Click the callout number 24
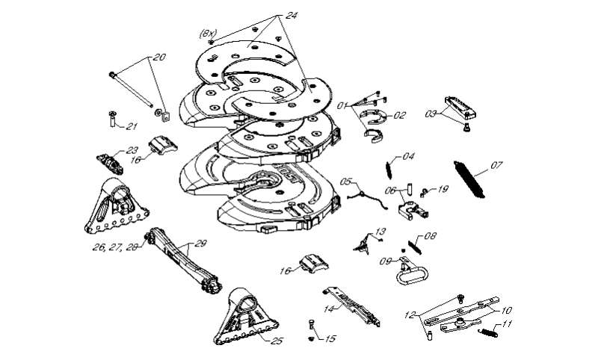click(x=292, y=16)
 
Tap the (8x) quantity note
click(x=208, y=34)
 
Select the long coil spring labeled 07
click(x=469, y=179)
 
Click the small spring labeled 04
click(x=389, y=170)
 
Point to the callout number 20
click(x=160, y=58)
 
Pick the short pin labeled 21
click(x=113, y=119)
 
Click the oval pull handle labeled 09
click(x=411, y=272)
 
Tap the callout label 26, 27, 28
click(x=115, y=247)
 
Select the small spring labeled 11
click(x=488, y=332)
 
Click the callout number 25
click(x=277, y=341)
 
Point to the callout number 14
click(x=330, y=308)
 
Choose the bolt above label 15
click(x=310, y=325)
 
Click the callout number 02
click(x=400, y=115)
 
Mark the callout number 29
click(x=200, y=243)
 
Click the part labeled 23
click(x=110, y=164)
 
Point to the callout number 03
click(x=431, y=114)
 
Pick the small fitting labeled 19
click(x=424, y=193)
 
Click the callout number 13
click(x=380, y=232)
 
